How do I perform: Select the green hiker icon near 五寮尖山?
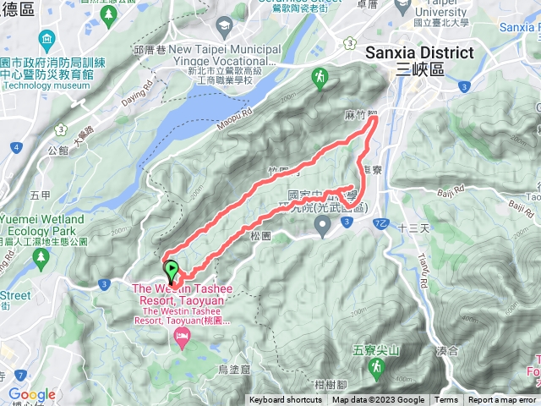tap(377, 367)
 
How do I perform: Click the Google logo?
tap(31, 394)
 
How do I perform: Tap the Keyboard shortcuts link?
tap(286, 400)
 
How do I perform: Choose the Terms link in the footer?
tap(446, 400)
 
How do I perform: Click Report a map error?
tap(502, 400)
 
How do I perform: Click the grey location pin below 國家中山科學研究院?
tap(322, 226)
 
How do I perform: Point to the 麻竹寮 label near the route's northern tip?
tap(359, 114)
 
